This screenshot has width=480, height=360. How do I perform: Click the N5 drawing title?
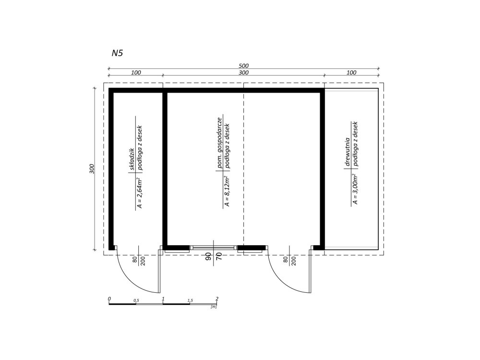pos(118,53)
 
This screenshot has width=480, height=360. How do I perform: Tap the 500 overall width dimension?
pos(244,66)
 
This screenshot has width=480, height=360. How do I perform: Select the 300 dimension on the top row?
pos(244,73)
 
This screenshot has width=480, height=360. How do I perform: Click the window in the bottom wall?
pos(214,248)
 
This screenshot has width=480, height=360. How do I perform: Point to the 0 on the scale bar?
pos(110,299)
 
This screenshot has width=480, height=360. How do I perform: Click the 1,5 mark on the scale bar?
pos(190,300)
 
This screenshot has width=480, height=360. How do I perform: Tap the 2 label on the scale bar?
pos(217,299)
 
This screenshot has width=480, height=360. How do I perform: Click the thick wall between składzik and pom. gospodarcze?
pos(165,168)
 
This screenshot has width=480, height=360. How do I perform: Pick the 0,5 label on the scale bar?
pos(136,300)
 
